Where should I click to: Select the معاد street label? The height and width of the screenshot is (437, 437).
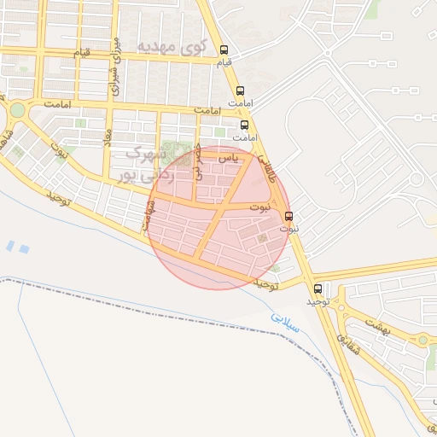[108, 136]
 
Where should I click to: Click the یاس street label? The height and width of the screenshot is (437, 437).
[227, 158]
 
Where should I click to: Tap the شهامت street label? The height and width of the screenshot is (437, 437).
[149, 212]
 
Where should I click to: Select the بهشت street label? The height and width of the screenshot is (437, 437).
[376, 323]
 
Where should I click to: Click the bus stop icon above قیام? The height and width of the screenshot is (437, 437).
[224, 50]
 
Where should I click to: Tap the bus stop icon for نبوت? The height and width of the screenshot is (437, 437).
[288, 216]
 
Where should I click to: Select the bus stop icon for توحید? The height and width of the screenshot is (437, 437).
[318, 288]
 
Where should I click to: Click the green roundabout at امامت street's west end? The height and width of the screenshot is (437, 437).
[17, 109]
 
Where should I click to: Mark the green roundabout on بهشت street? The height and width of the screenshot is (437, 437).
[422, 340]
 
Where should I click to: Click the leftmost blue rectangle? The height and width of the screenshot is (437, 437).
[9, 246]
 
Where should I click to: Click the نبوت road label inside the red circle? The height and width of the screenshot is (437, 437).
[260, 207]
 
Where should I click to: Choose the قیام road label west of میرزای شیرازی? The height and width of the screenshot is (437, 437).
[80, 53]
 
